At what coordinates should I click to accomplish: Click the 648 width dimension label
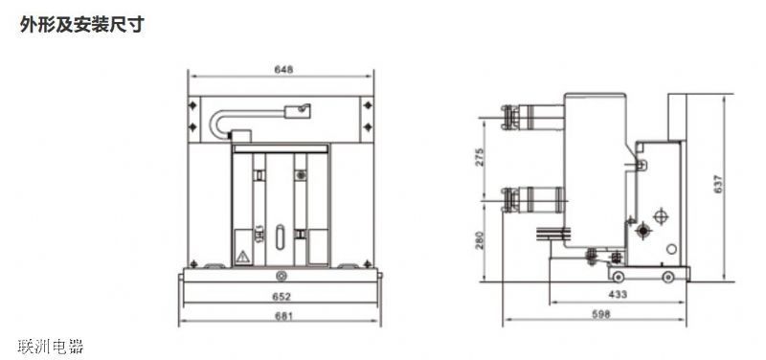point(283,70)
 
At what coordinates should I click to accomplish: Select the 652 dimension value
point(282,297)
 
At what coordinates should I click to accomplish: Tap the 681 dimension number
point(283,316)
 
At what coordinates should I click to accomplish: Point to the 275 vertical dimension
point(480,157)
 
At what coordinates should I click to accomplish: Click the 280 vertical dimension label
point(480,240)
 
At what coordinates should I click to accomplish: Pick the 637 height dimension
point(717,184)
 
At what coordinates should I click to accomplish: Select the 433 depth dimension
point(618,295)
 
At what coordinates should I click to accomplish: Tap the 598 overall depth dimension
point(601,314)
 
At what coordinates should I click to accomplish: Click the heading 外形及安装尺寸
point(82,25)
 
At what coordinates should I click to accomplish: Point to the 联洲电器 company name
point(51,347)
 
